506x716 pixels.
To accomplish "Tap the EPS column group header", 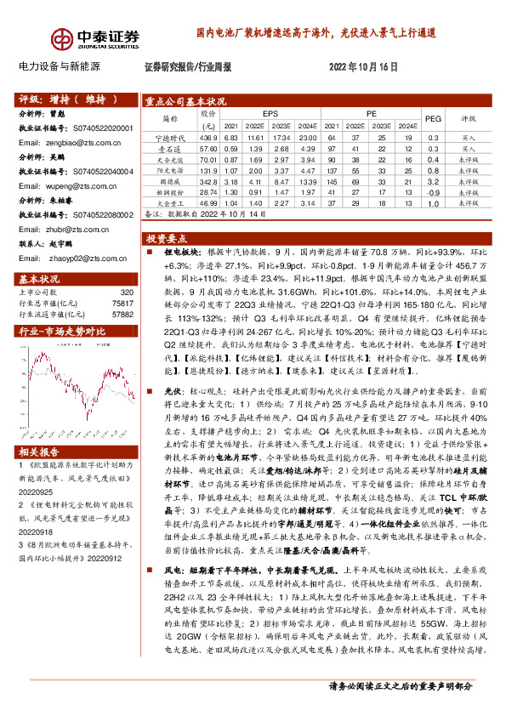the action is click(x=270, y=113).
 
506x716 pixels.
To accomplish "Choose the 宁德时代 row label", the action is click(x=169, y=138).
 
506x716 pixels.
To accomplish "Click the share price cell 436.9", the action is click(x=208, y=138).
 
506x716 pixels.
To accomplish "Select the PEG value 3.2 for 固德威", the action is click(x=432, y=181).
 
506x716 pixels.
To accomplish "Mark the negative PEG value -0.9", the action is click(x=432, y=192).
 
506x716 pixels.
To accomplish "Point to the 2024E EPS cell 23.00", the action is click(x=309, y=138).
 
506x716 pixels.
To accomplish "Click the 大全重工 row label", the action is click(x=169, y=203).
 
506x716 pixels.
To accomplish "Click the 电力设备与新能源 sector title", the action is click(x=59, y=65).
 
